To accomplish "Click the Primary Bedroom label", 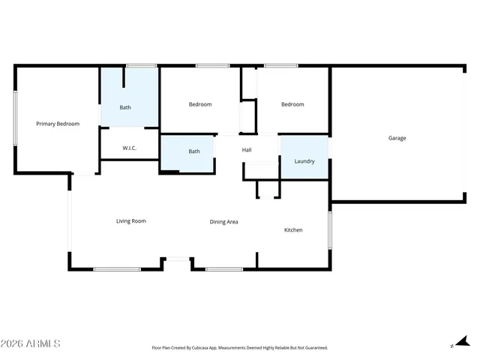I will (x=58, y=124).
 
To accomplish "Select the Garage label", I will (x=397, y=138).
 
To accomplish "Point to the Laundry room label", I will (x=304, y=161).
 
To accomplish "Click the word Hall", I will (x=247, y=150).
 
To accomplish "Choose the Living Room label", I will (x=130, y=221).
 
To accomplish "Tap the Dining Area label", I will (x=223, y=222).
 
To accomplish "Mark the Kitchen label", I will (x=292, y=229).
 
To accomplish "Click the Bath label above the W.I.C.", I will (x=125, y=107).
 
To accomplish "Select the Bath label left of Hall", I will (x=194, y=151).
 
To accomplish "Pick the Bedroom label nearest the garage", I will (x=292, y=104).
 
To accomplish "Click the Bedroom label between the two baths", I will (x=200, y=104).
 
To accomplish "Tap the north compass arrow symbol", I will (x=460, y=343).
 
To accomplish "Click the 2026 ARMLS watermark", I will (x=31, y=343).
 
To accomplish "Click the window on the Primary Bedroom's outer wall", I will (x=15, y=118).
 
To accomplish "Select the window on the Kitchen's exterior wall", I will (x=329, y=229).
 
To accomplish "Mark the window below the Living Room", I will (x=117, y=268).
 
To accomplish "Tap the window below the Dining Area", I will (x=223, y=268).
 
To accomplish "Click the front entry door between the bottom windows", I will (x=177, y=259).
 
